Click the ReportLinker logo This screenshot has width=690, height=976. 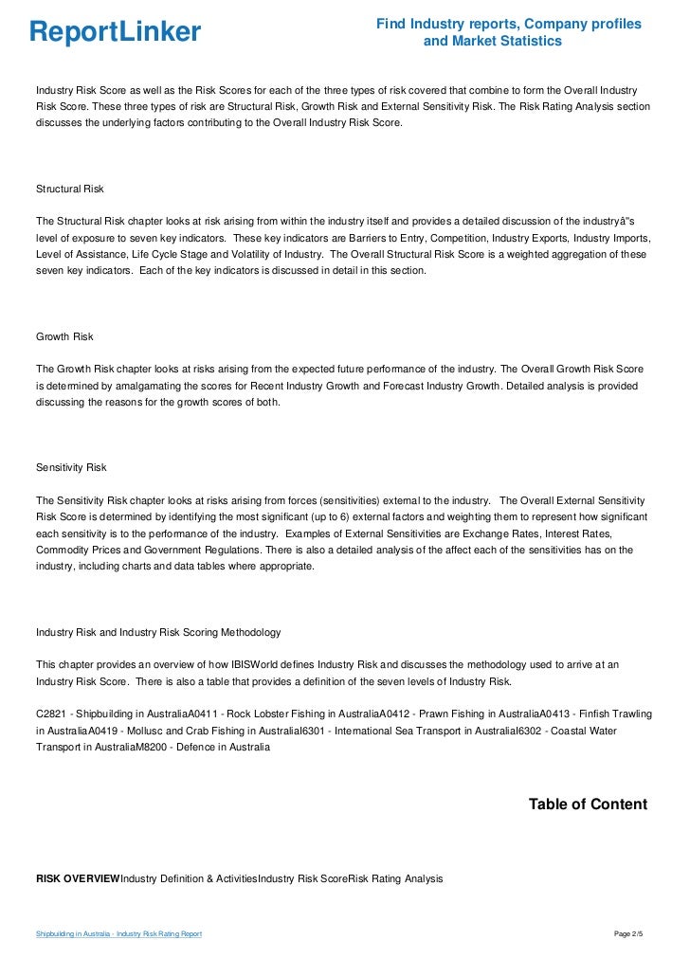115,32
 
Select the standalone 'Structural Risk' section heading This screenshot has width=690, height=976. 69,190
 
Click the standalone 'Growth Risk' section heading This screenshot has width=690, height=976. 64,336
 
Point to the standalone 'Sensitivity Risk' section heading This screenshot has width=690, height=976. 71,467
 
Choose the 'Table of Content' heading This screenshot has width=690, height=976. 588,804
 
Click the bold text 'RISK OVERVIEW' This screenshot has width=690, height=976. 78,879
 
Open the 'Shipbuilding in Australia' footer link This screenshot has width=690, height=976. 118,935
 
